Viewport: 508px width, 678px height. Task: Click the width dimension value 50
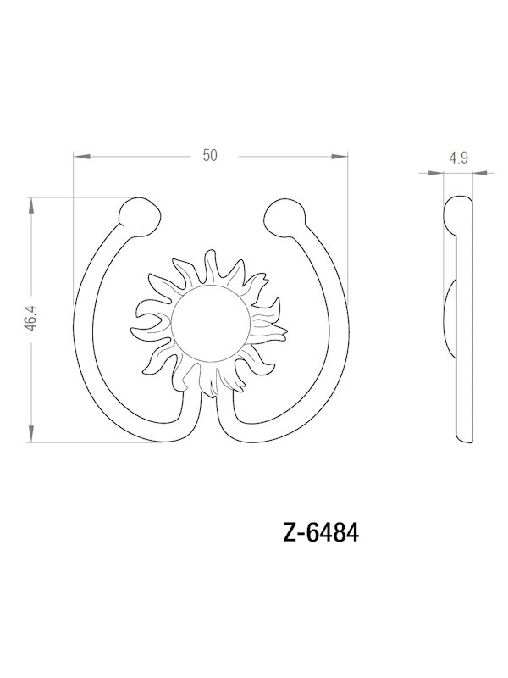point(211,154)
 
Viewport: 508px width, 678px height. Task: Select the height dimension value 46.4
point(31,320)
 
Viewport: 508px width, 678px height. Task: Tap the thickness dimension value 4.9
point(459,158)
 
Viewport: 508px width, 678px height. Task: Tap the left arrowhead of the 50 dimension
point(80,155)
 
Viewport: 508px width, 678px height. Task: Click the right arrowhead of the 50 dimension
point(342,155)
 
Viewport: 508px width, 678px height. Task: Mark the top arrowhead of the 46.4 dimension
point(32,203)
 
